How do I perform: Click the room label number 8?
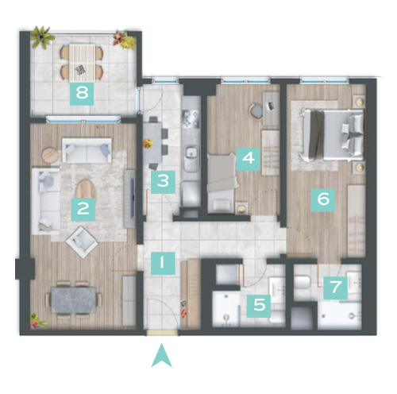[82, 94]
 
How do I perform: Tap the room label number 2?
[83, 209]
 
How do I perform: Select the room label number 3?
[163, 182]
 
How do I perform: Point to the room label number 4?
[249, 159]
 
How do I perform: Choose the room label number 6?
[323, 199]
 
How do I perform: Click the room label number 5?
[259, 306]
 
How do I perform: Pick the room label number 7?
[336, 288]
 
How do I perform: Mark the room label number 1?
[163, 263]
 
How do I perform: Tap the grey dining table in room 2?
[74, 300]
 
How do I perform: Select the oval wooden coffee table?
[85, 189]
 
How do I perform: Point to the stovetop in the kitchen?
[191, 118]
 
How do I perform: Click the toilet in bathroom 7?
[303, 283]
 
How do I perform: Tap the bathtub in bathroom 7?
[339, 316]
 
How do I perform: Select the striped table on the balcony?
[82, 63]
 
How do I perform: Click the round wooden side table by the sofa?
[50, 155]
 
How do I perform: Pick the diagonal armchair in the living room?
[82, 242]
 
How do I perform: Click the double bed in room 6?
[332, 135]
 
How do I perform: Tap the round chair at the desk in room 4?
[256, 112]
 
